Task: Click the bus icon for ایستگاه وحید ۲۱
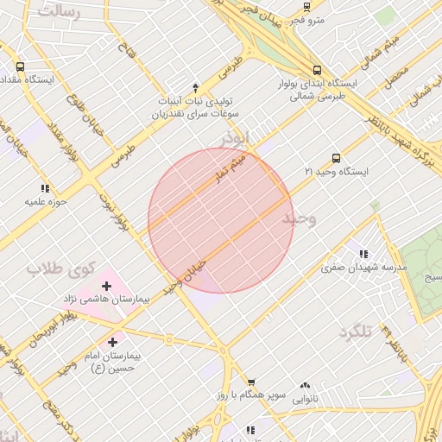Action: point(336,158)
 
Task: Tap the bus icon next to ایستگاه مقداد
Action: point(20,66)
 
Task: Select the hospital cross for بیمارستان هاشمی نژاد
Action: point(107,285)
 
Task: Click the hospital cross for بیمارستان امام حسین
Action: point(112,342)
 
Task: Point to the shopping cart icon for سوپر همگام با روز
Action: point(251,382)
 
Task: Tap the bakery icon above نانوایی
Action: point(304,386)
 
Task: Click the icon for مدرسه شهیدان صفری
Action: point(363,254)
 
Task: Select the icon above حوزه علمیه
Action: point(45,188)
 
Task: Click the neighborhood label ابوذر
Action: point(234,137)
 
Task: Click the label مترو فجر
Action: point(308,18)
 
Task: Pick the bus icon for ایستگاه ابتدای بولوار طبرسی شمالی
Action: point(317,70)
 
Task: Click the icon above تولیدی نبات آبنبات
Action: point(195,87)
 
